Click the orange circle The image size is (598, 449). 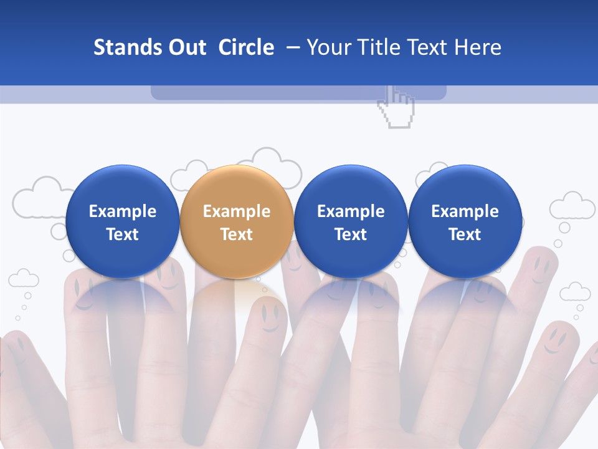coord(236,221)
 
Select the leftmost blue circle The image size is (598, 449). coord(122,221)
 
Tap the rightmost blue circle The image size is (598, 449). coord(465,221)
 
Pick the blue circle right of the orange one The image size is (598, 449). coord(351,221)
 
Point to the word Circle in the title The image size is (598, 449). coord(246,47)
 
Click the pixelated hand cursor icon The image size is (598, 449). coord(396,107)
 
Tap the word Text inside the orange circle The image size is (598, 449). coord(236,234)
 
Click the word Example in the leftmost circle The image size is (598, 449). coord(122,211)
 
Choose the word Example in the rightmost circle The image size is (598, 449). coord(465,211)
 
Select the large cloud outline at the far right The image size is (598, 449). coord(572,206)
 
